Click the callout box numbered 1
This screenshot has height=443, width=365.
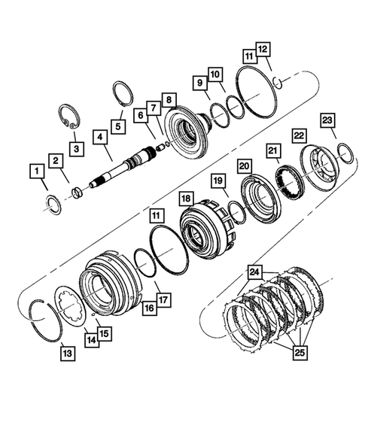[x=35, y=172]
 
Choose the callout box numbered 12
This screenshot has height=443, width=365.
[x=262, y=49]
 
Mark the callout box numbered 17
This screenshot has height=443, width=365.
[x=164, y=299]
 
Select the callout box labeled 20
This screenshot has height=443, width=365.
[x=245, y=165]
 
